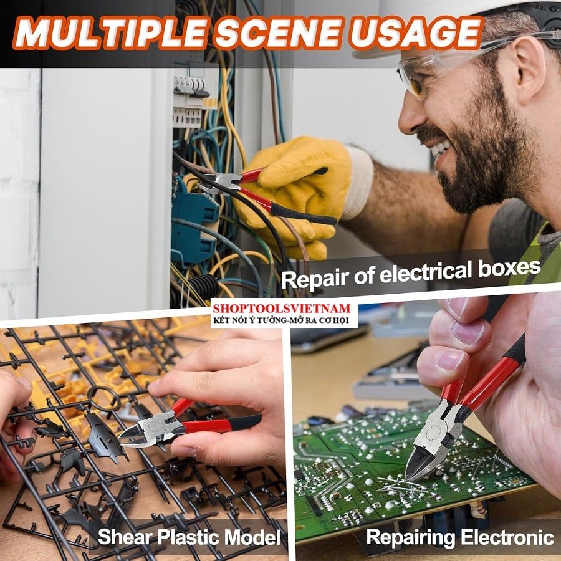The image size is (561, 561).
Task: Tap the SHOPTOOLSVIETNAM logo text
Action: pyautogui.click(x=282, y=309)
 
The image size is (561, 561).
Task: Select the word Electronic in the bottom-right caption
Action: pyautogui.click(x=507, y=537)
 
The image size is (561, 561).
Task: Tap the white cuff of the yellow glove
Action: pyautogui.click(x=358, y=183)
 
